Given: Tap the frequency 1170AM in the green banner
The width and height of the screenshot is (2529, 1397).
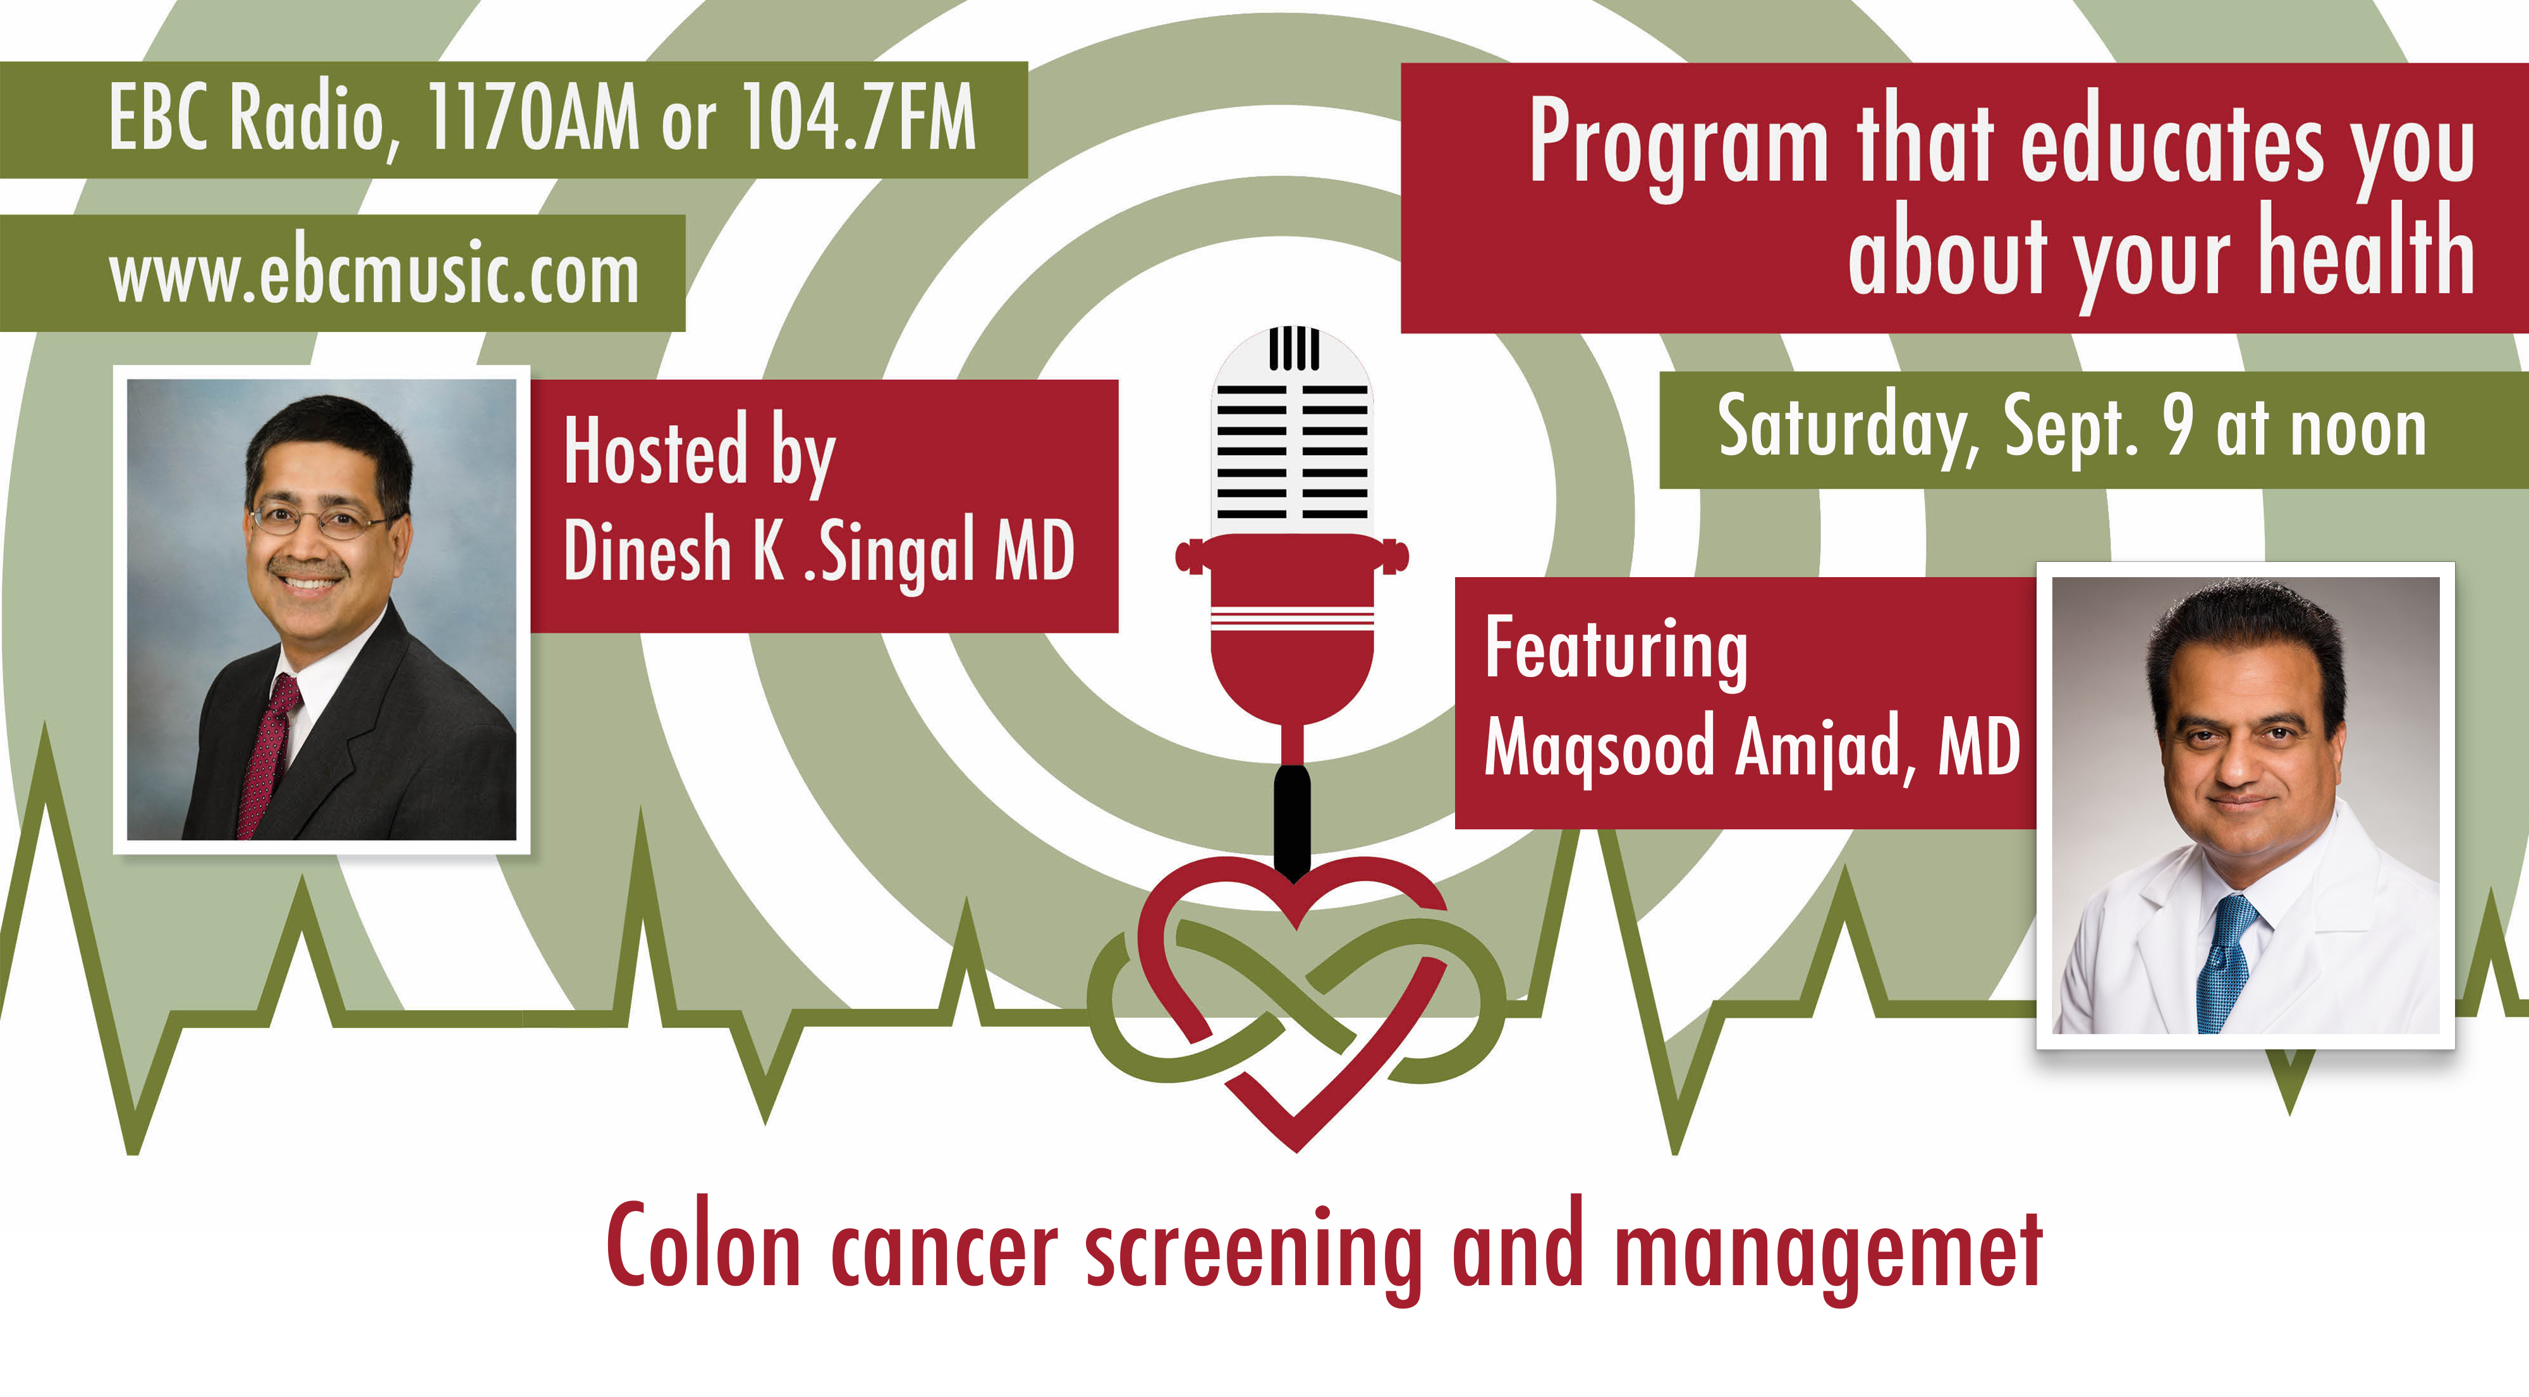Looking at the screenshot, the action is pyautogui.click(x=534, y=117).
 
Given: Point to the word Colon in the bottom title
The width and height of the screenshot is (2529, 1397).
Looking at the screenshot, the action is pyautogui.click(x=704, y=1245).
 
